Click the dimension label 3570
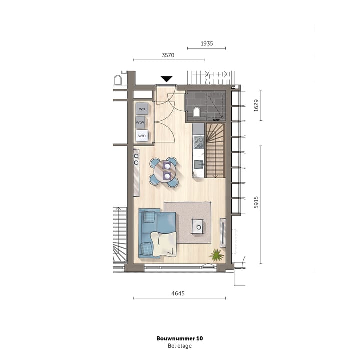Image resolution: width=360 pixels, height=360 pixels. pos(168,55)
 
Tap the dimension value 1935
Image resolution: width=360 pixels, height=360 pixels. pos(206,44)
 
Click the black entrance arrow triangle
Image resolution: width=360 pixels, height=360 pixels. pos(166,79)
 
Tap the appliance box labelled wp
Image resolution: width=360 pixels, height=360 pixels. pos(142,108)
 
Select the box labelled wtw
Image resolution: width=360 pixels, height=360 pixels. pos(140,122)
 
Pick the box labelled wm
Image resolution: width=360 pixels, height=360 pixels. pos(142,135)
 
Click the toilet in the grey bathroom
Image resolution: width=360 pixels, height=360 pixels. pos(197,111)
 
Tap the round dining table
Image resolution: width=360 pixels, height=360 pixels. pos(165,172)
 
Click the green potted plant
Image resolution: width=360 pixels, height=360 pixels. pos(216,255)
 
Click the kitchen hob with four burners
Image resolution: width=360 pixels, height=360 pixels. pos(198,143)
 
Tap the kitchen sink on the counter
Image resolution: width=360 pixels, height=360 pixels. pos(198,164)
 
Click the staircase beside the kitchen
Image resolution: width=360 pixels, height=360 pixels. pos(216,150)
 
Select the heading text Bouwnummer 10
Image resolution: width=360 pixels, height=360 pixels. pos(180,338)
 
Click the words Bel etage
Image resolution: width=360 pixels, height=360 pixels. pos(180,346)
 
